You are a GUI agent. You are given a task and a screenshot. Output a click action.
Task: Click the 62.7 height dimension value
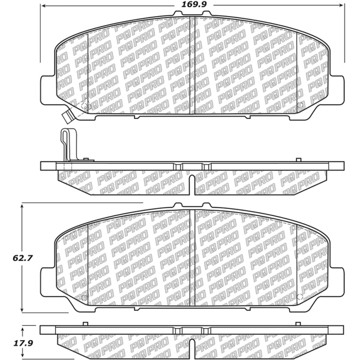tap(10, 259)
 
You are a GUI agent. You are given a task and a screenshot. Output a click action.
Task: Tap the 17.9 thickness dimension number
tap(10, 344)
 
